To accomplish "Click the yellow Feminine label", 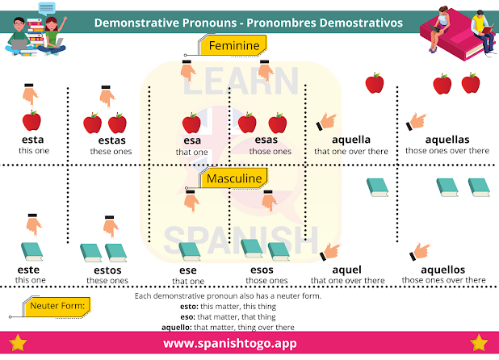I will click(234, 46).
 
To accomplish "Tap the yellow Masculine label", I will click(233, 178).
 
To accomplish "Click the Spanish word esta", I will click(32, 140).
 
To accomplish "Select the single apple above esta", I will click(31, 122).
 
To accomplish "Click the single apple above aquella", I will click(374, 82).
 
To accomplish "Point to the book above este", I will click(31, 251).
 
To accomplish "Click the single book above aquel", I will click(378, 187).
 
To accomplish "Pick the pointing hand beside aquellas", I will click(417, 121).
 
